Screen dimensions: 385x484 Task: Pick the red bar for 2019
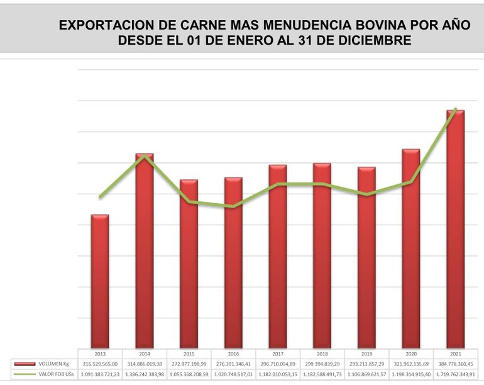tap(366, 257)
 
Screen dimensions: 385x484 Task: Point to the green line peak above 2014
tap(145, 155)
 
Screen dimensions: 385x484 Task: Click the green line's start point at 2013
tap(100, 197)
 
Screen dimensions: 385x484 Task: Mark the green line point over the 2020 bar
tap(411, 182)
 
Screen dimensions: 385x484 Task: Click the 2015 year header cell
tap(189, 354)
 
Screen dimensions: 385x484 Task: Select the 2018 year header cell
tap(322, 354)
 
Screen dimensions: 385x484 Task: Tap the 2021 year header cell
tap(455, 354)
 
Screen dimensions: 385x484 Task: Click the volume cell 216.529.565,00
tap(100, 364)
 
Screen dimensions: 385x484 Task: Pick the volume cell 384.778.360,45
tap(455, 364)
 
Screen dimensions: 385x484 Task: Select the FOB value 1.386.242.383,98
tap(145, 374)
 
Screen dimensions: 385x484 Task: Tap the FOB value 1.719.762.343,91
tap(455, 374)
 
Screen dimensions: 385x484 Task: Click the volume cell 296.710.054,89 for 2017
tap(277, 364)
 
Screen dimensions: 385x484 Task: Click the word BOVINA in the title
tap(373, 26)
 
